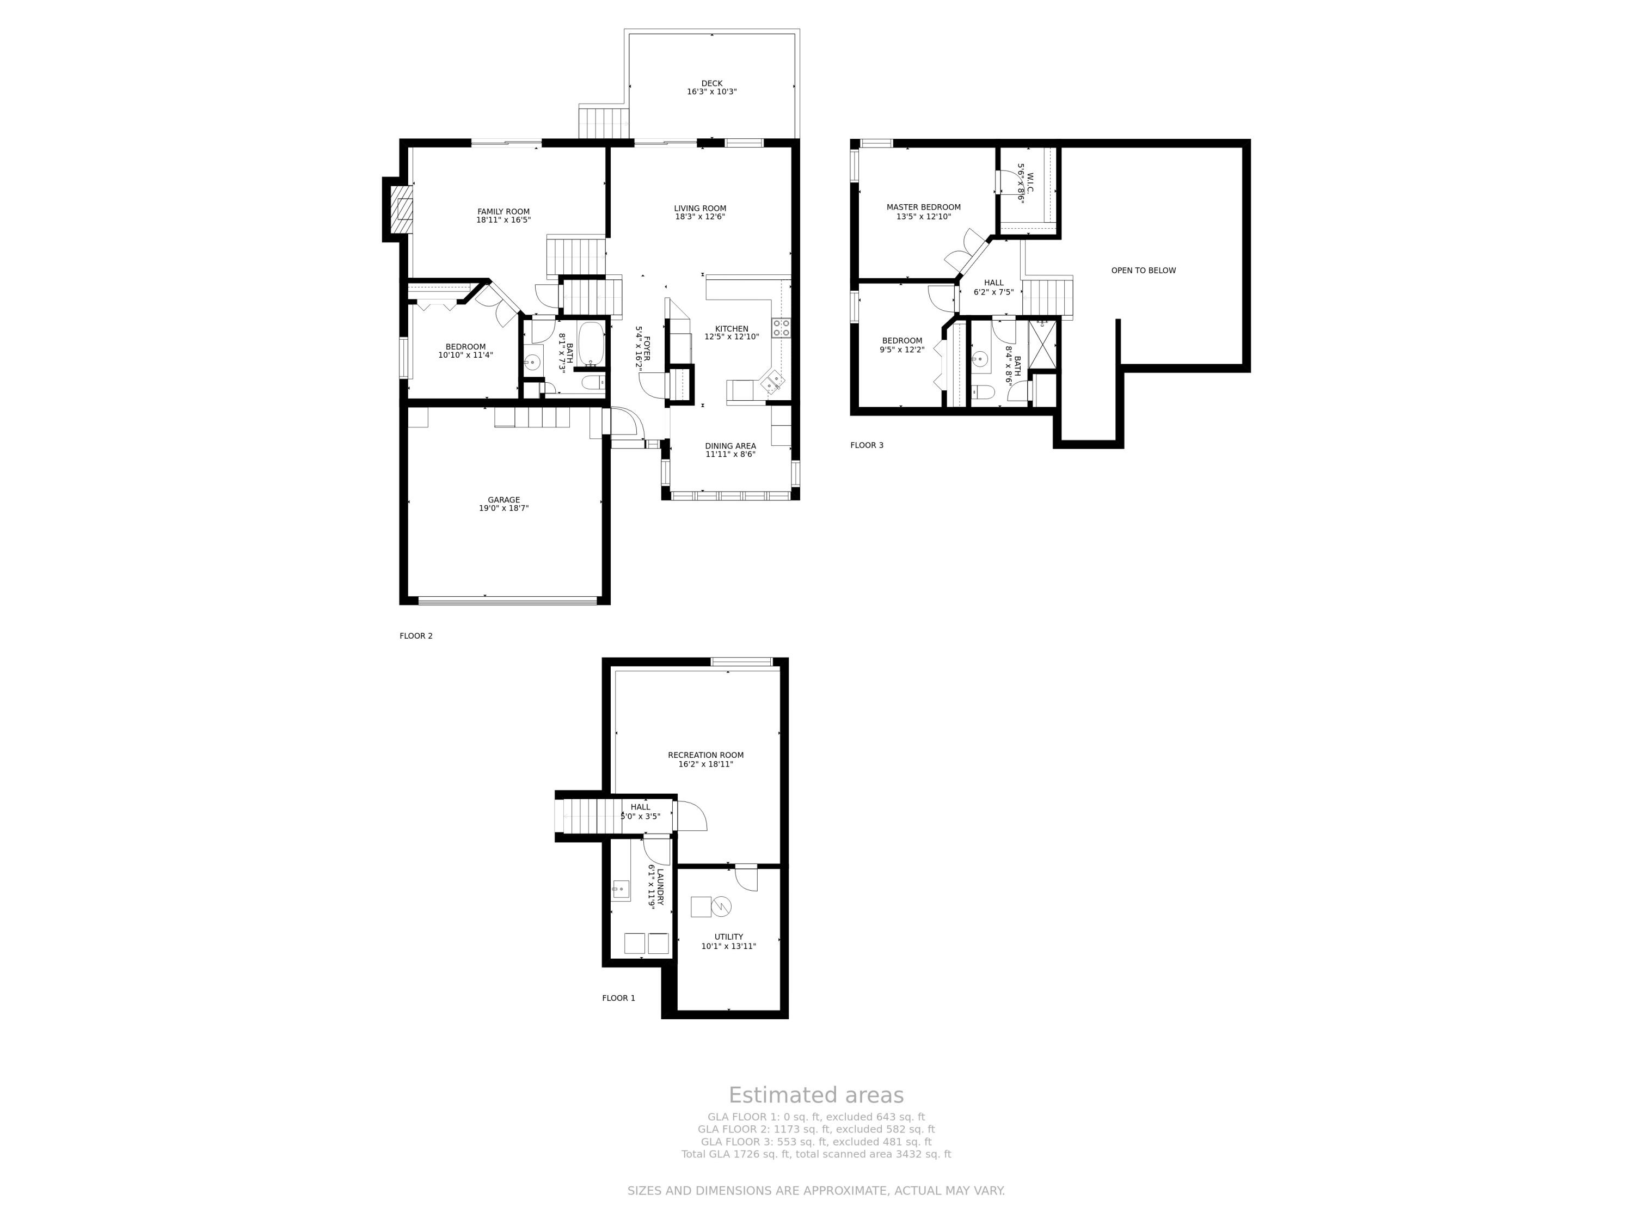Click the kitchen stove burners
[781, 328]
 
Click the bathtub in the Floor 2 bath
[591, 344]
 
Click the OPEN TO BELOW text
[1144, 270]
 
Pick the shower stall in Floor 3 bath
[1042, 344]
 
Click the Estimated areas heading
[816, 1095]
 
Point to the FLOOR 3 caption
[867, 445]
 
